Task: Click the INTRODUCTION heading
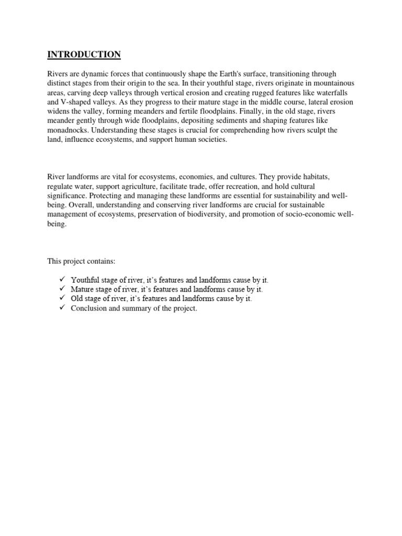click(x=84, y=54)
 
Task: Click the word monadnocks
click(x=69, y=130)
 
